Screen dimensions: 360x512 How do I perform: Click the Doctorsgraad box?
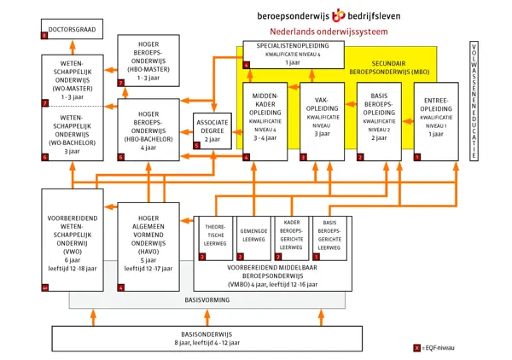click(x=72, y=32)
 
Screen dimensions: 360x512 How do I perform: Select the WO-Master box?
click(x=72, y=81)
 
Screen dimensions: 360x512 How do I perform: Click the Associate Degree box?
click(x=212, y=131)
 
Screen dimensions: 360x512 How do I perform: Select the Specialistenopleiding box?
click(x=294, y=54)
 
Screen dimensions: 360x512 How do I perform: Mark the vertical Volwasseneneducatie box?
click(x=474, y=102)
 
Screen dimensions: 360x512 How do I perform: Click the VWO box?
click(x=72, y=241)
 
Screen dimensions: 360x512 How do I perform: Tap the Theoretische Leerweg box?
click(x=214, y=239)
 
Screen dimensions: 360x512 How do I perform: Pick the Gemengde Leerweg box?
click(x=253, y=239)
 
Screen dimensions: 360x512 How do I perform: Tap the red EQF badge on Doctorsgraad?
click(x=44, y=37)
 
